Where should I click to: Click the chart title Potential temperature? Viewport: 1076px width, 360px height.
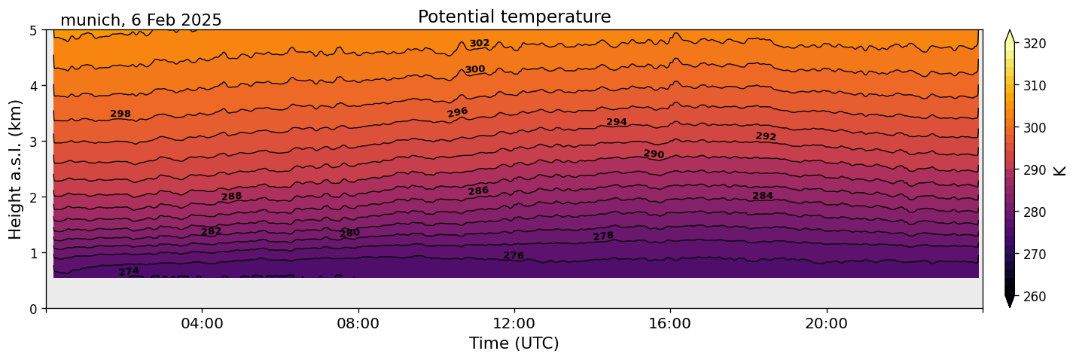514,17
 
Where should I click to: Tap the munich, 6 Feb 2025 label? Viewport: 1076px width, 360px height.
141,20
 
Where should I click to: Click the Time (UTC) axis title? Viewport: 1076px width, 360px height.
514,343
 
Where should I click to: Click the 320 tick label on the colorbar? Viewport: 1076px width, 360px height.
1034,44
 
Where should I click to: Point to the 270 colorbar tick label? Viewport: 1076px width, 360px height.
1034,255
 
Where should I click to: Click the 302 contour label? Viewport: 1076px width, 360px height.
480,44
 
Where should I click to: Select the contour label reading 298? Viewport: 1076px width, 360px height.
120,114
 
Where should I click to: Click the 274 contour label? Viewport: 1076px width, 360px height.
129,271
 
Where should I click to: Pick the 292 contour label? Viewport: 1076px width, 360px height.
766,136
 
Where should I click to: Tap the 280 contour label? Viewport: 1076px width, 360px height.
349,233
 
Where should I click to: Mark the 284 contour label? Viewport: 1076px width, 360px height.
763,196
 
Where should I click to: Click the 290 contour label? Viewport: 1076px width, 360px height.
654,154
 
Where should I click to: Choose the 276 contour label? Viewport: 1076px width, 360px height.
514,256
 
